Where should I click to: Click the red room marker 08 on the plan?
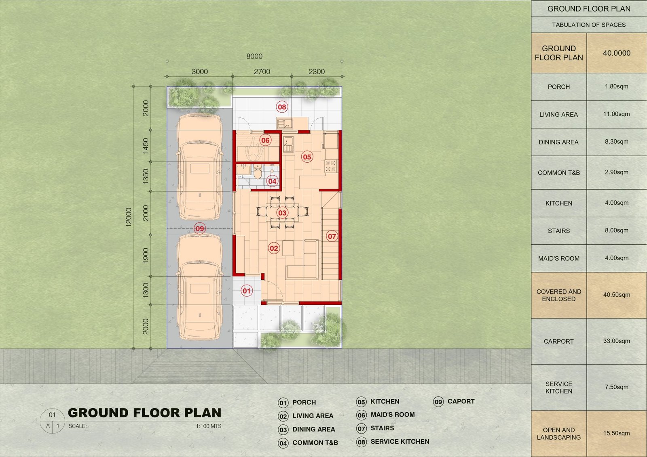tap(281, 107)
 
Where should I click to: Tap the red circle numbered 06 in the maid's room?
tap(265, 140)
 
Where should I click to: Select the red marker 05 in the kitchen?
tap(307, 157)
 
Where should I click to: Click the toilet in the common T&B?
tap(258, 172)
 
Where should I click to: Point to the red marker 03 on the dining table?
tap(282, 213)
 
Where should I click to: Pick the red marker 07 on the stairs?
tap(332, 237)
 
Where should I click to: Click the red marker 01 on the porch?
tap(246, 291)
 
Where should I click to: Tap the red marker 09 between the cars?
tap(200, 228)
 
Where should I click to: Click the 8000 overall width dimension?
tap(254, 56)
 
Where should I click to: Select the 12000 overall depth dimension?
tap(129, 218)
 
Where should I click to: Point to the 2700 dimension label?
tap(262, 71)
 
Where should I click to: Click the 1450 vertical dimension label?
tap(146, 146)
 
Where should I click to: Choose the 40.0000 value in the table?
tap(616, 53)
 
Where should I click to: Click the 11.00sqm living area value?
tap(616, 114)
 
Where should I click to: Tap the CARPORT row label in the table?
tap(558, 342)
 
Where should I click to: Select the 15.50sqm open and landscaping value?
tap(616, 433)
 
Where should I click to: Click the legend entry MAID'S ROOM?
tap(393, 415)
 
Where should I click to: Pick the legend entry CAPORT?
tap(461, 401)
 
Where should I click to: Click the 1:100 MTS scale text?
tap(209, 426)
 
